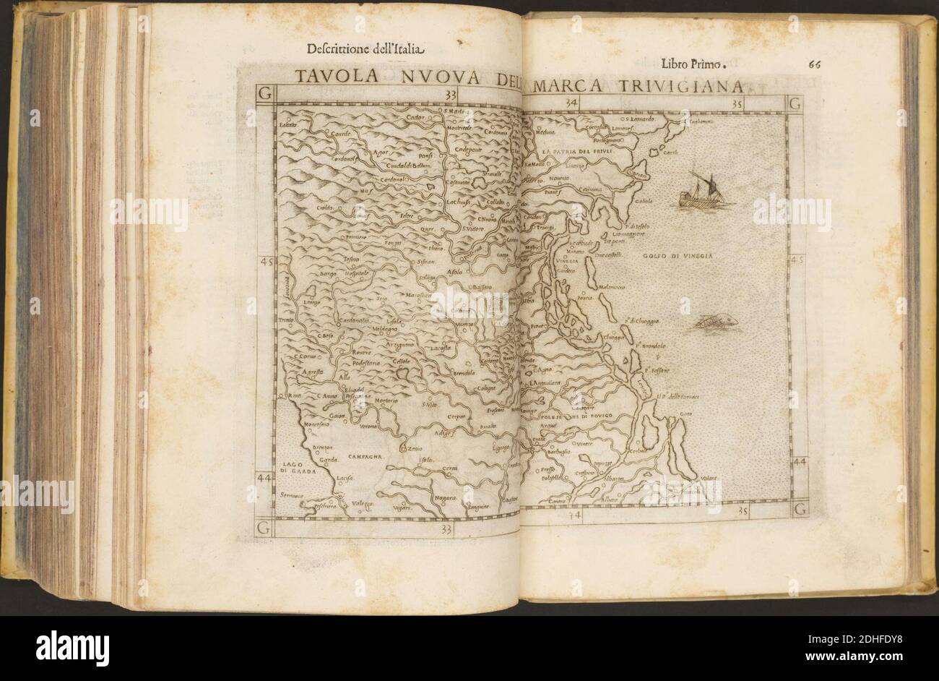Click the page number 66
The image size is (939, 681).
pos(817,64)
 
